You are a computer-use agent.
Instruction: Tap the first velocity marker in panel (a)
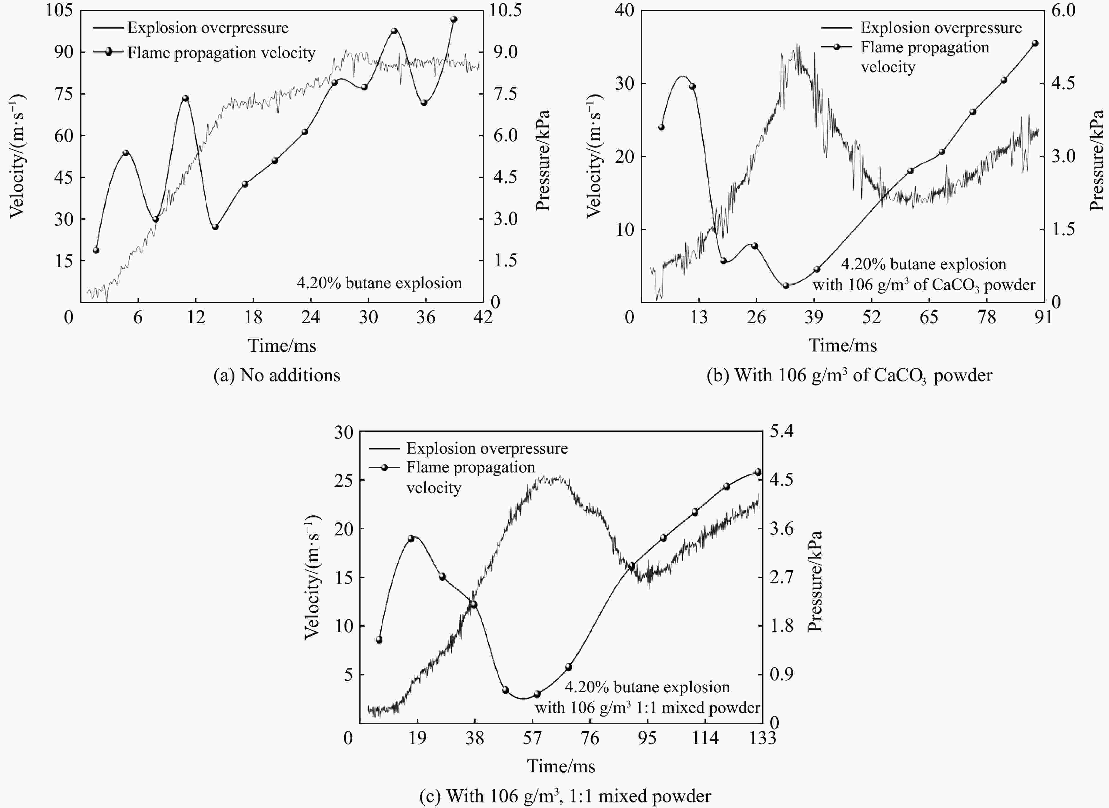point(96,250)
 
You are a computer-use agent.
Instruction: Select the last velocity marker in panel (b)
point(1035,43)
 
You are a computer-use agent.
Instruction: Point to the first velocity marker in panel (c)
point(379,640)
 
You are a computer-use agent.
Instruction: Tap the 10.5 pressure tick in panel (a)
point(506,10)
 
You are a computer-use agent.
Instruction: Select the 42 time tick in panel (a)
point(483,317)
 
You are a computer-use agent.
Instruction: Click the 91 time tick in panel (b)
point(1043,317)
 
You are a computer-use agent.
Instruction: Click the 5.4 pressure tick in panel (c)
point(781,431)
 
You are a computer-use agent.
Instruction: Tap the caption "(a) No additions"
point(277,375)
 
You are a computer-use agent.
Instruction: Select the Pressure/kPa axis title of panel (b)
point(1097,160)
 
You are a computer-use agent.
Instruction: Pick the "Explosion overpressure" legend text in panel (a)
point(208,28)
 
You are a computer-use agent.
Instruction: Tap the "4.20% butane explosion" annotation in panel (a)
point(379,283)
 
